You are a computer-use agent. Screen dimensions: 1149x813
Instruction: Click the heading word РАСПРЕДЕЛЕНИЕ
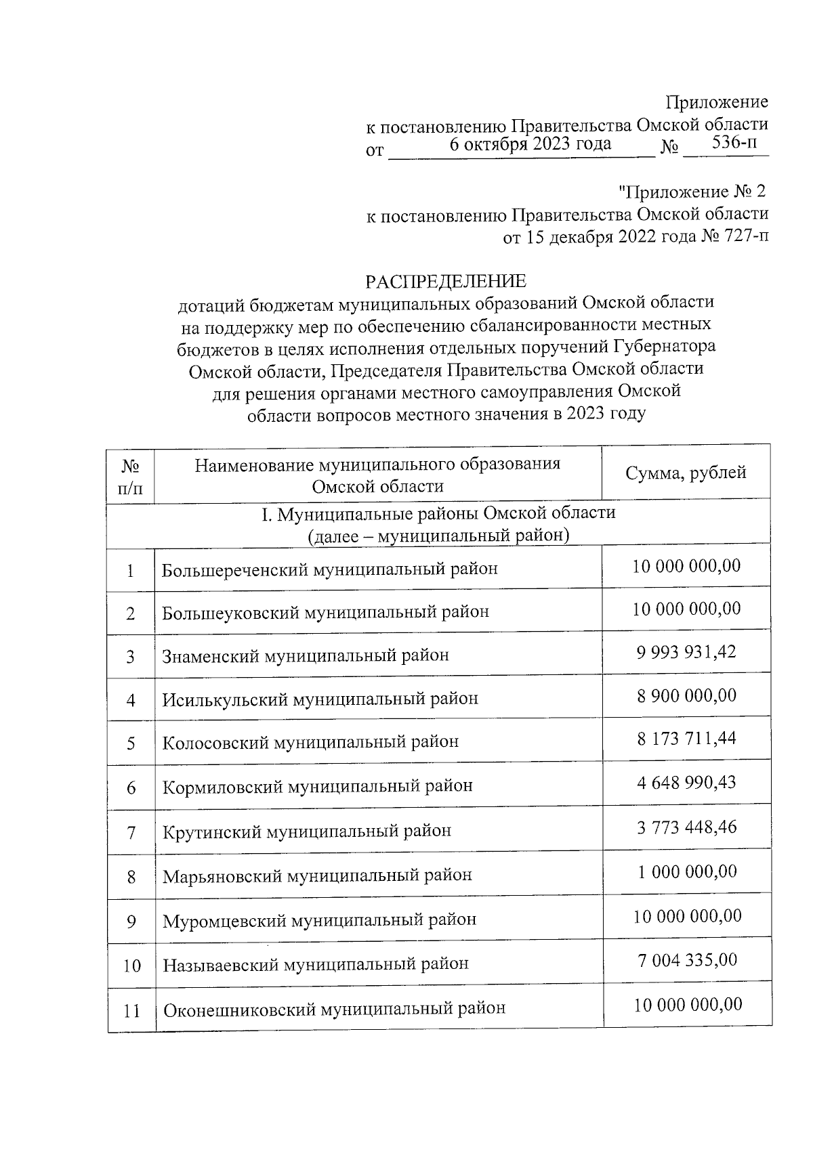(445, 281)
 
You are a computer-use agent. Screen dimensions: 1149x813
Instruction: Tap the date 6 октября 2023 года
(530, 144)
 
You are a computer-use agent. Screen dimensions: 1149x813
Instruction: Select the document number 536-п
(735, 143)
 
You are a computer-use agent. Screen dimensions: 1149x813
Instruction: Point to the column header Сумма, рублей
(686, 473)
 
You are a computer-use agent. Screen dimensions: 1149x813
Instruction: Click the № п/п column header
(131, 477)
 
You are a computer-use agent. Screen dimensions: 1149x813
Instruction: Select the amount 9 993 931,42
(686, 652)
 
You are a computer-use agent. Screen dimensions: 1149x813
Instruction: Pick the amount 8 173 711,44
(686, 739)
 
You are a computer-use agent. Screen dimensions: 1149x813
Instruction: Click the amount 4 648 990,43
(686, 783)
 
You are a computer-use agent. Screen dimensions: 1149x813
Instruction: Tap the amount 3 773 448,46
(686, 827)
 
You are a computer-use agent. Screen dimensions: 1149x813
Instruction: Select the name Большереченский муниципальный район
(330, 569)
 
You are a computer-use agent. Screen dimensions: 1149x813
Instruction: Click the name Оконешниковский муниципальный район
(334, 1009)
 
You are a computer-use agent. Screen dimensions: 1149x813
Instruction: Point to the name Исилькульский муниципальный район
(320, 699)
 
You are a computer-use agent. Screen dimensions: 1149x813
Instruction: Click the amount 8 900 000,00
(686, 696)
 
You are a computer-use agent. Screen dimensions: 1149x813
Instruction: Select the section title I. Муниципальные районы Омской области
(438, 513)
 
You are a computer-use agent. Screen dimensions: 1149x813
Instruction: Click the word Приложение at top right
(717, 102)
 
